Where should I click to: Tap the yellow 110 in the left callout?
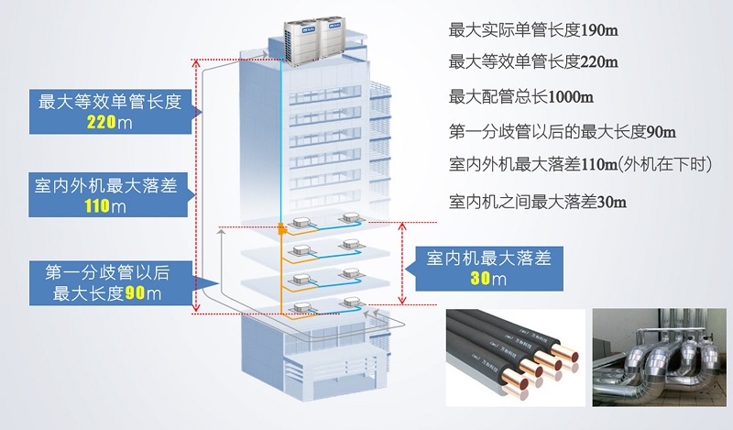pos(97,207)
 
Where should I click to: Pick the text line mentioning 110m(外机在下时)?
pos(580,165)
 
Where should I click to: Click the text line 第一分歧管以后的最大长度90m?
pos(563,131)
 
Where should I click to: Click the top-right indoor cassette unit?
pos(351,219)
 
